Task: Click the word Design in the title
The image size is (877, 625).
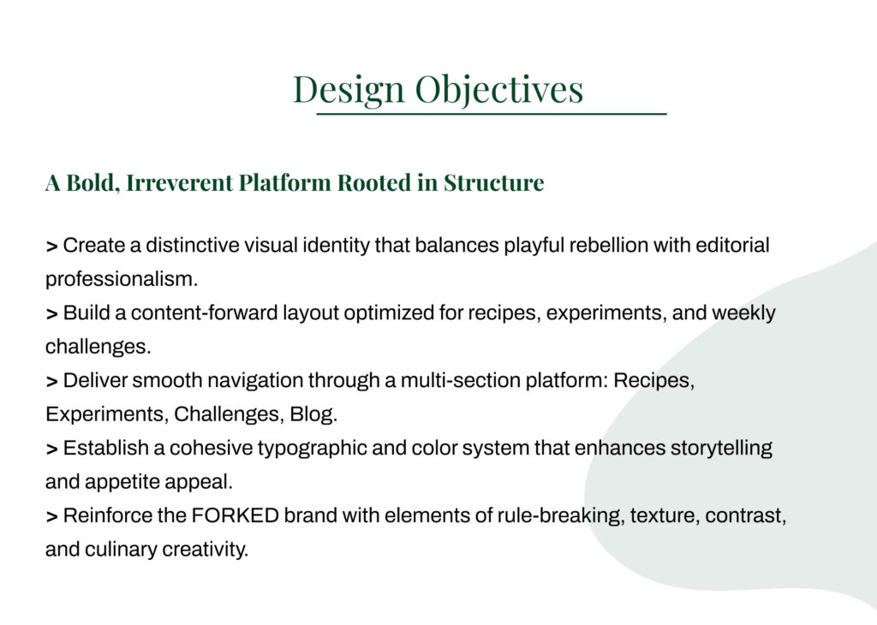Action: point(349,90)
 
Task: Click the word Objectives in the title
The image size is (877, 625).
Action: point(499,90)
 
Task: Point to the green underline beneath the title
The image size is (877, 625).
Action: point(492,114)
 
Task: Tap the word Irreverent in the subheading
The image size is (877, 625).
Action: point(180,183)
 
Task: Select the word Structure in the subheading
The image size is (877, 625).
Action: point(494,183)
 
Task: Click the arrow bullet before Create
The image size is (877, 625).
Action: point(52,247)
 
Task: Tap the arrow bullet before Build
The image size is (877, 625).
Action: point(52,314)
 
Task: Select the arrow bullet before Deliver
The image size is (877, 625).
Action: point(52,382)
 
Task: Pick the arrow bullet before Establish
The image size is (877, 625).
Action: point(52,449)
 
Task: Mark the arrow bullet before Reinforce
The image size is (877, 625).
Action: point(52,516)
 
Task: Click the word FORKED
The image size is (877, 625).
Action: point(235,515)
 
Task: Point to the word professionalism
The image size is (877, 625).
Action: point(122,279)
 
